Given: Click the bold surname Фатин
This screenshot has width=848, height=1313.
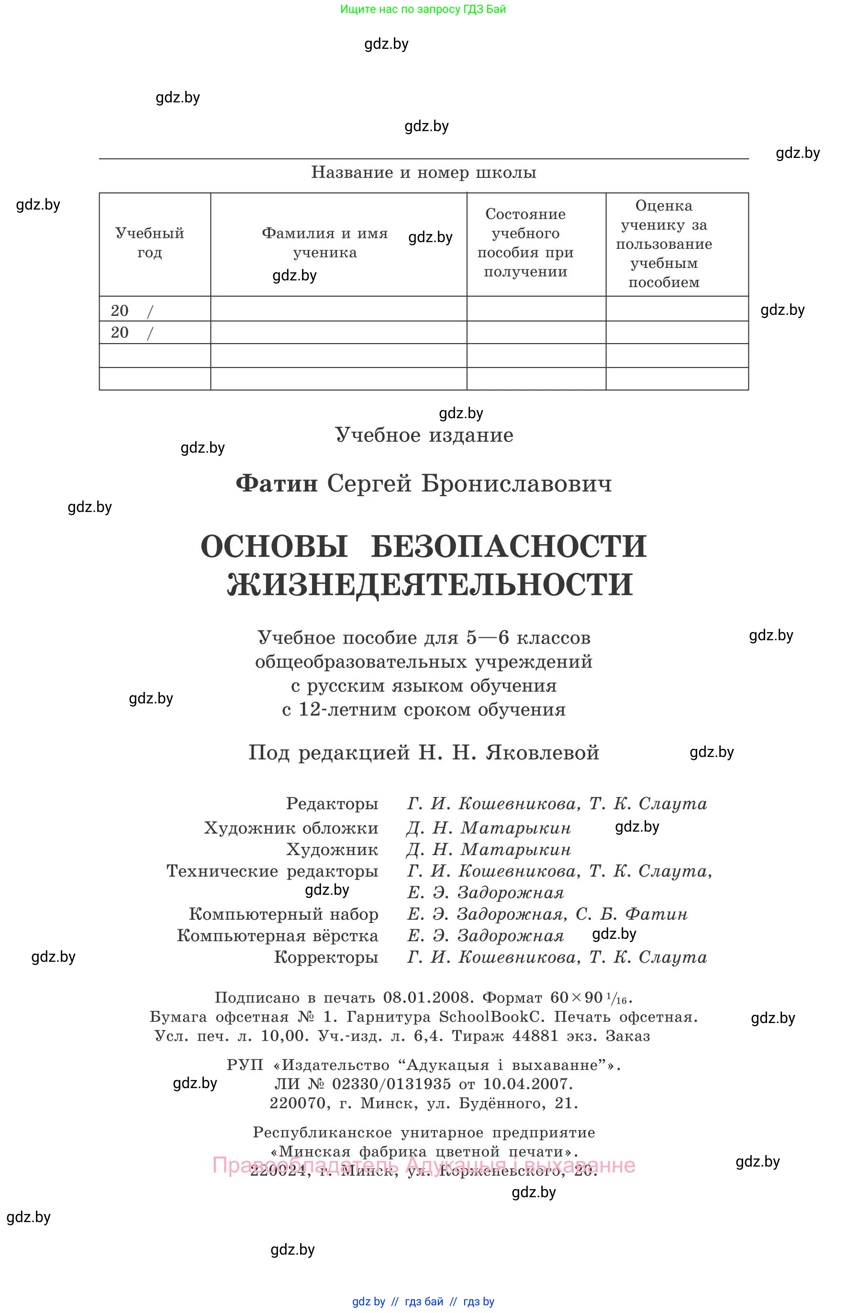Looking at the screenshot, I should (x=277, y=484).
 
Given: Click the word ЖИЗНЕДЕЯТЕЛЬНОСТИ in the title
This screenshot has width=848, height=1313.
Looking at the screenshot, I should (x=430, y=584).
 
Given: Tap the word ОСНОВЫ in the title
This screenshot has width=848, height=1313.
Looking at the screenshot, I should (x=274, y=546).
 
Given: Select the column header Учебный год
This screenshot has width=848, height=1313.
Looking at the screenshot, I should (x=150, y=243).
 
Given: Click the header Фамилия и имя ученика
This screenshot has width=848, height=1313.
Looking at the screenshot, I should (x=325, y=243).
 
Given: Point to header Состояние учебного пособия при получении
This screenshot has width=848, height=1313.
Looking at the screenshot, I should (x=525, y=243).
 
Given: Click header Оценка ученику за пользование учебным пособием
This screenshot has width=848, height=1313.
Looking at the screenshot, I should (x=664, y=244).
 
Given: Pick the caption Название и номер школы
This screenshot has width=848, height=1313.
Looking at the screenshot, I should (x=424, y=172).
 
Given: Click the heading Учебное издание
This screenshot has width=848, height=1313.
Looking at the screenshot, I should (x=424, y=435).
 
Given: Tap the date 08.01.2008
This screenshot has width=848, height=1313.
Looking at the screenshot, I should (x=428, y=998).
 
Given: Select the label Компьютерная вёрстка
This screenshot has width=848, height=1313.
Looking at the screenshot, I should (x=277, y=935).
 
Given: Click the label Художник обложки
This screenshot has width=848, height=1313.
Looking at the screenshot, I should (x=291, y=828).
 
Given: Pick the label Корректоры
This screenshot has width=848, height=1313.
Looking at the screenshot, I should (x=326, y=957).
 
